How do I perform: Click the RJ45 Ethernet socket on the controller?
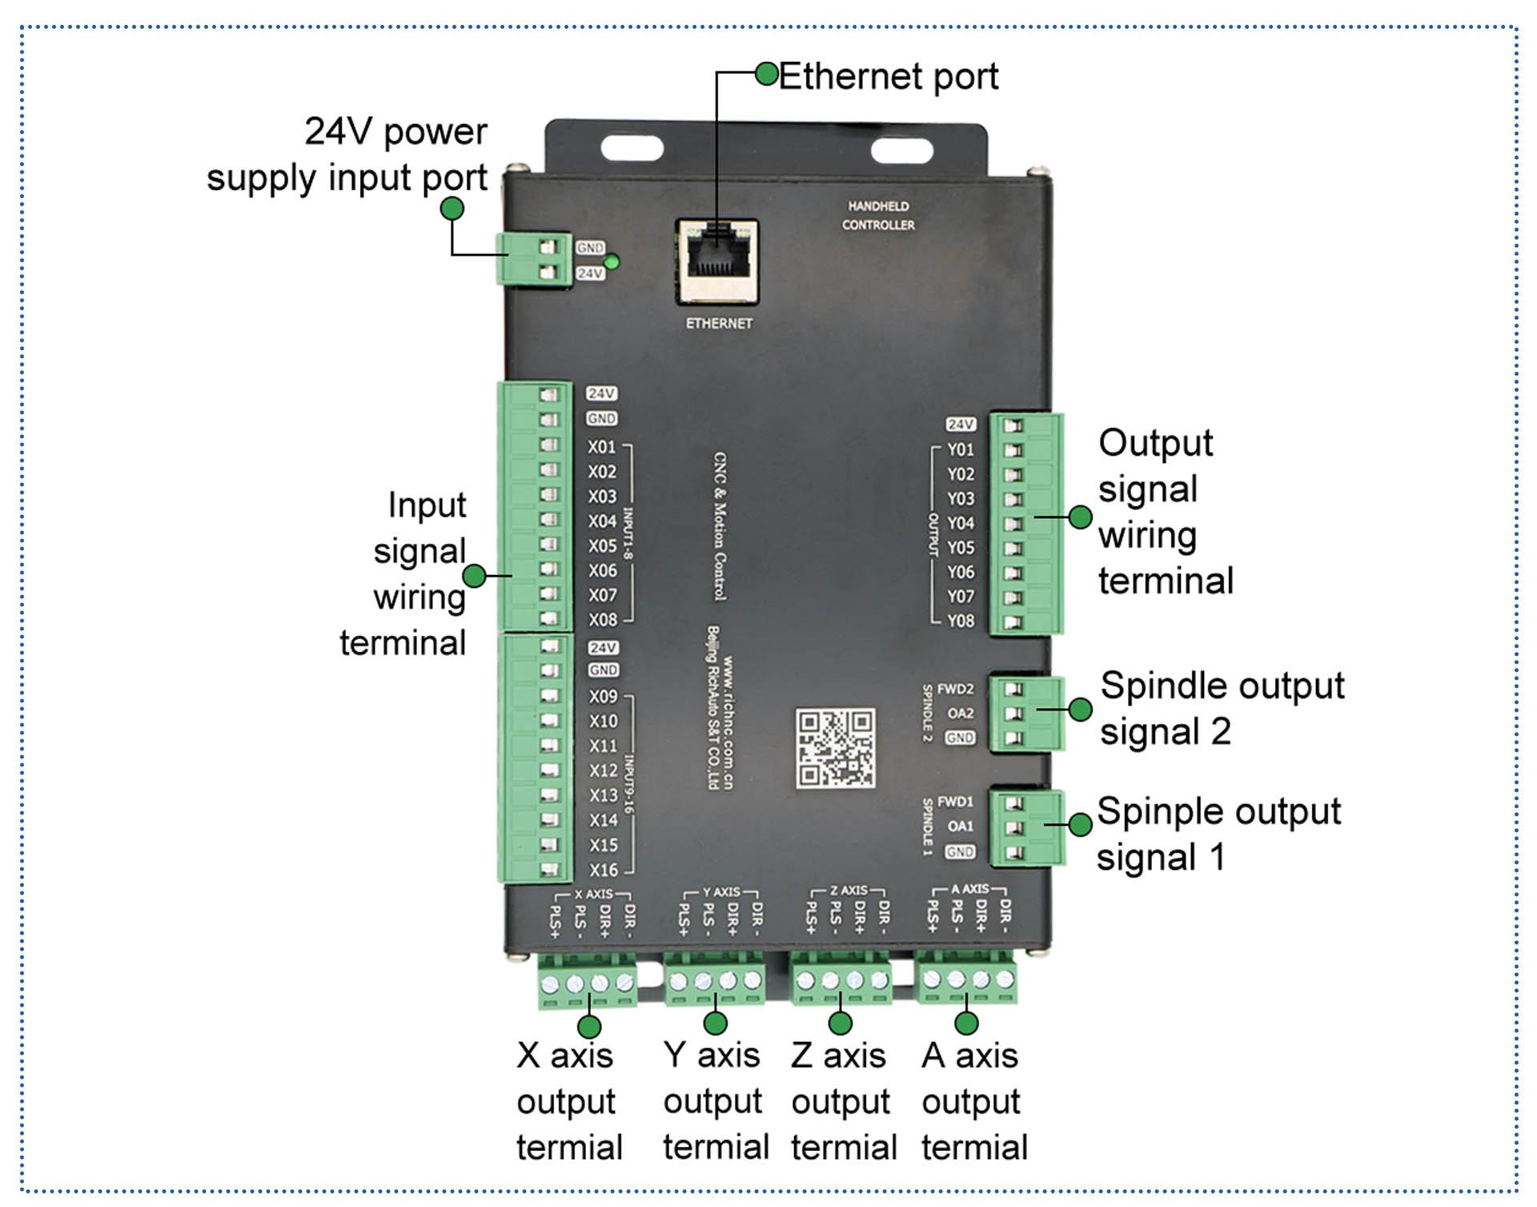coord(717,260)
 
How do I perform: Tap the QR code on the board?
coord(834,748)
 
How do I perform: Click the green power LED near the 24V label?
coord(612,262)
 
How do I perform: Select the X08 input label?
coord(603,620)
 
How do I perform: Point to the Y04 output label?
coord(961,523)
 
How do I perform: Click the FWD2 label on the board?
coord(955,689)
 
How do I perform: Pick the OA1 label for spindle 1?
coord(960,826)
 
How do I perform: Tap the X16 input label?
coord(604,870)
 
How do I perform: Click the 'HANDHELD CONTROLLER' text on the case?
coord(878,215)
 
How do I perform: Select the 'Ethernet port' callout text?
coord(888,77)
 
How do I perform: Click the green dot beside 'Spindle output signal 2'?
coord(1080,709)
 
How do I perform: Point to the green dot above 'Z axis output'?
coord(840,1023)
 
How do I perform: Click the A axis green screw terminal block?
coord(966,978)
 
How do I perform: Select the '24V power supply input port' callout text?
coord(347,155)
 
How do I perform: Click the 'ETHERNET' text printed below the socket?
coord(719,324)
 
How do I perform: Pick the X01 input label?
coord(602,447)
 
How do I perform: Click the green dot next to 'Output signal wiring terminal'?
coord(1080,517)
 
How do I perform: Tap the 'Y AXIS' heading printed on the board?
coord(720,891)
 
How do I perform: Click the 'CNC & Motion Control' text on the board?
coord(720,525)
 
